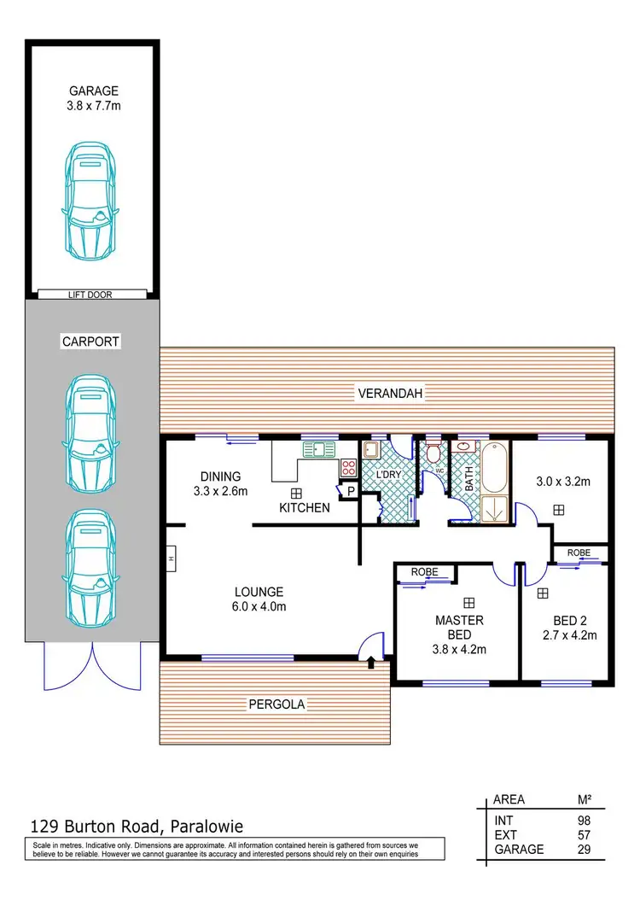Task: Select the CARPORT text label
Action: point(91,342)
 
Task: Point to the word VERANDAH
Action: point(388,393)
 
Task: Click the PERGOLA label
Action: point(276,704)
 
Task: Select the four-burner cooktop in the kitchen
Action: point(349,467)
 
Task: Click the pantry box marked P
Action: point(350,491)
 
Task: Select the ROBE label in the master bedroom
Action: point(424,571)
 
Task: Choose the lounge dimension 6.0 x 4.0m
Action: point(260,606)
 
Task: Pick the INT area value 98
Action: point(583,820)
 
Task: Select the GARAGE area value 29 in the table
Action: point(583,850)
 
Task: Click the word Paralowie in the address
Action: point(207,826)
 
